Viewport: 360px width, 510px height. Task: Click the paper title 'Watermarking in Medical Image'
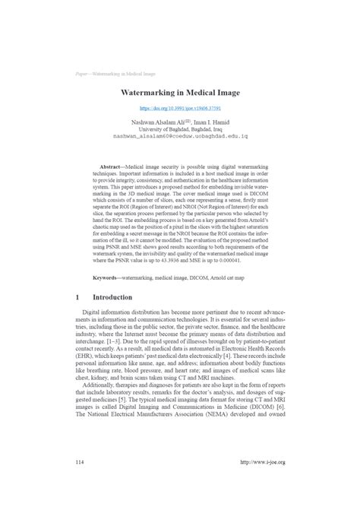coord(179,93)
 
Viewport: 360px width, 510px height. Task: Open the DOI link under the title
coord(180,109)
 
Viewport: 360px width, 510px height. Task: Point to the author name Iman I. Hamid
coord(216,122)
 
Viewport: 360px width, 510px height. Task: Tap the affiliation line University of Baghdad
coord(180,129)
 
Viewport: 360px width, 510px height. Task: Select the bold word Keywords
coord(108,277)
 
